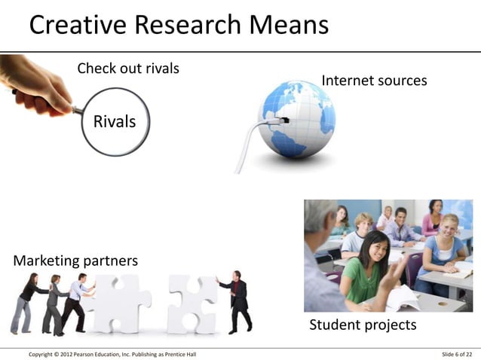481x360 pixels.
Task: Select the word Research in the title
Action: click(x=188, y=26)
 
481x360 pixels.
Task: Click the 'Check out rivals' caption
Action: click(x=128, y=69)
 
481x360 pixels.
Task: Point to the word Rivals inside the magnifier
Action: click(x=115, y=121)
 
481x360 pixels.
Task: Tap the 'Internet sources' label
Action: click(x=374, y=81)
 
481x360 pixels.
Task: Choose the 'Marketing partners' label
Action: click(x=75, y=261)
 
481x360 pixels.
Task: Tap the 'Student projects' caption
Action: click(x=363, y=325)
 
